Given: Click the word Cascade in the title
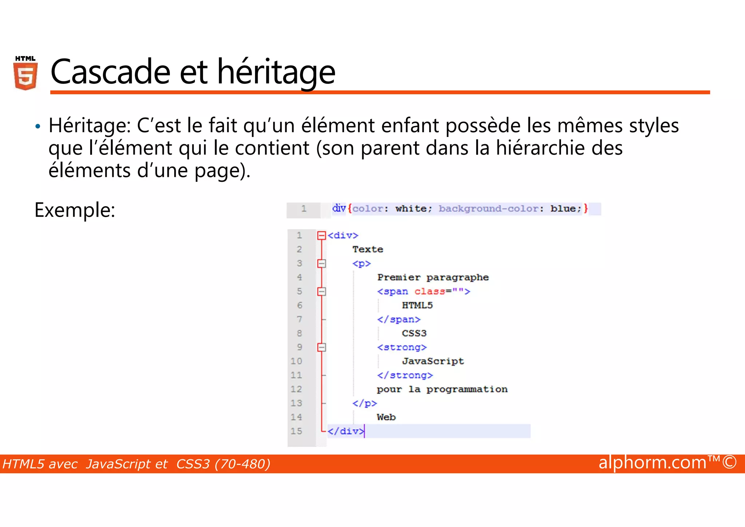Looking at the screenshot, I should (x=110, y=72).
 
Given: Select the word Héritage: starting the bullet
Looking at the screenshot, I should (x=89, y=126).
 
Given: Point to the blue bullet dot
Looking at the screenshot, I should (x=37, y=127).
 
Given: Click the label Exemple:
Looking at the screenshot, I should (x=75, y=210).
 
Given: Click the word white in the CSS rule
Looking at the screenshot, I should (x=411, y=209).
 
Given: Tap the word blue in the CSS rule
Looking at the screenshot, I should (x=563, y=209).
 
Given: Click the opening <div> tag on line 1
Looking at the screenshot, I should (x=343, y=236).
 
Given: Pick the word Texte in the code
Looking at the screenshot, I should (x=367, y=249).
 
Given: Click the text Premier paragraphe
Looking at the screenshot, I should (x=433, y=278).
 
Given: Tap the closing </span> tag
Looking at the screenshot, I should (x=398, y=319).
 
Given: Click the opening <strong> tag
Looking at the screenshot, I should (x=402, y=347).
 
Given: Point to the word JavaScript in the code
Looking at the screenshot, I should (x=433, y=361).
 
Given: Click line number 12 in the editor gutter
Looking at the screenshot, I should (x=296, y=389).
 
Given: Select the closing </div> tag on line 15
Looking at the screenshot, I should (x=345, y=431).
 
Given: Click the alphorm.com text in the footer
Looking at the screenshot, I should (x=652, y=463).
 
